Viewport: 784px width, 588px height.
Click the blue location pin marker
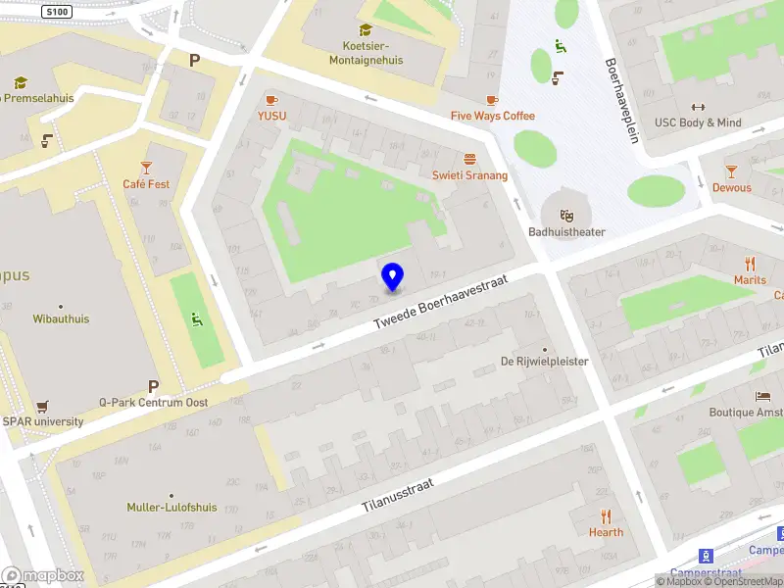click(x=392, y=276)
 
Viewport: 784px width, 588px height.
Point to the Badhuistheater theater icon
click(x=566, y=216)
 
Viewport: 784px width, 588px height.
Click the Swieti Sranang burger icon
click(x=470, y=159)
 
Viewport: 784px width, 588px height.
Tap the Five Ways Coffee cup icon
click(x=492, y=100)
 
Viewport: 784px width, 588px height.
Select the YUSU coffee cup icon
click(x=271, y=100)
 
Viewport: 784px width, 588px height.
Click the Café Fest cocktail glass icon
click(x=146, y=168)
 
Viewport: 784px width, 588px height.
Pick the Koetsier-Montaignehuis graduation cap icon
click(x=366, y=30)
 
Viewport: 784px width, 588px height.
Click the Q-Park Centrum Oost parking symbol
click(x=153, y=386)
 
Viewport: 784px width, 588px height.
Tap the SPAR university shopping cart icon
click(x=41, y=406)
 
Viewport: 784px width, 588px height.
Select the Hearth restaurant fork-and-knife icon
click(x=606, y=516)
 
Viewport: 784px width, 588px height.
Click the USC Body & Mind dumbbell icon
click(x=698, y=107)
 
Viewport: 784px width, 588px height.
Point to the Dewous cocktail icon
click(x=731, y=171)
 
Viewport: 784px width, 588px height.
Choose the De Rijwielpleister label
click(x=544, y=362)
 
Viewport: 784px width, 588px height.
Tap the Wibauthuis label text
click(x=61, y=318)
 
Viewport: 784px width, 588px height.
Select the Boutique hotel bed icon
click(x=762, y=396)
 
